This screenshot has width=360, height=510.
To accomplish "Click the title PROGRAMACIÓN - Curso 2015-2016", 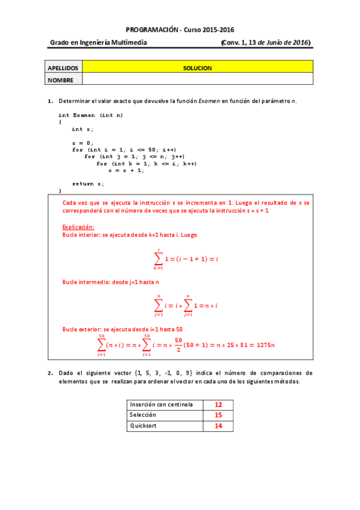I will (x=180, y=29).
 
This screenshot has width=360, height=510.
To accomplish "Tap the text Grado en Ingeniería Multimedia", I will (x=98, y=43).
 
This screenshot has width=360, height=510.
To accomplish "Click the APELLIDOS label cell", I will (x=63, y=68).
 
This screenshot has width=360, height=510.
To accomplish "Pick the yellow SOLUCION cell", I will (x=198, y=68).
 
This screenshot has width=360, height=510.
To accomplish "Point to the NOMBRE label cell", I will (x=63, y=79).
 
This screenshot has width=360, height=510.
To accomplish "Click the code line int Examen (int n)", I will (x=91, y=115).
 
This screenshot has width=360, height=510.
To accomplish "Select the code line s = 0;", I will (x=82, y=143).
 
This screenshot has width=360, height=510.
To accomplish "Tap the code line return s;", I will (x=88, y=183).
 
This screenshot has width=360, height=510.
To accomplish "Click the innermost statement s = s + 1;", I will (x=126, y=170).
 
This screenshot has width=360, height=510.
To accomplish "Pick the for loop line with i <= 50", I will (x=124, y=150).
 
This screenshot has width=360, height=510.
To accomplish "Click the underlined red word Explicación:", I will (x=79, y=227).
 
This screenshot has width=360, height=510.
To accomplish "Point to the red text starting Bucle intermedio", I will (x=111, y=281).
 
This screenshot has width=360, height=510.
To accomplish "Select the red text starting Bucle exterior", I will (x=123, y=329).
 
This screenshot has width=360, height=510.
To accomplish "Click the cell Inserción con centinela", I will (x=161, y=405).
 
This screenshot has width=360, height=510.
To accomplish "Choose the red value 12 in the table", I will (x=218, y=405).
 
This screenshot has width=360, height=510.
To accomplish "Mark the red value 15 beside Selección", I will (x=218, y=415).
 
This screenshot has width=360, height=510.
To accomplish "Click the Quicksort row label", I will (x=143, y=425).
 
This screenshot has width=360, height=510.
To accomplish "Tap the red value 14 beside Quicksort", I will (x=218, y=425).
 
